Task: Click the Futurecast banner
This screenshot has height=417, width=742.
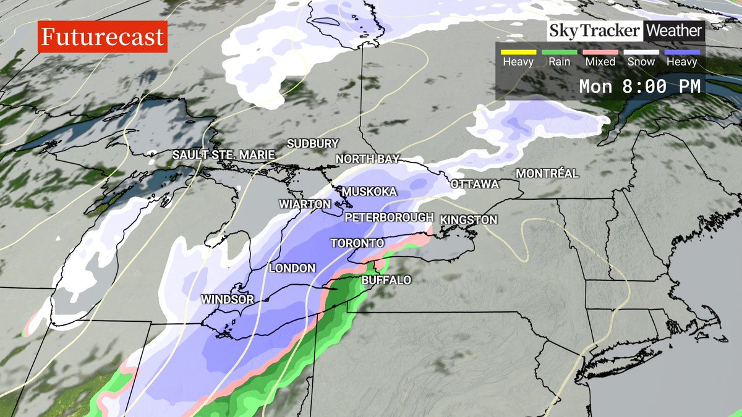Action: tap(103, 36)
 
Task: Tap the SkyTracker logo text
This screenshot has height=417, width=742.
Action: tap(594, 30)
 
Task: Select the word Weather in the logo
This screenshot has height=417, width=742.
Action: tap(674, 30)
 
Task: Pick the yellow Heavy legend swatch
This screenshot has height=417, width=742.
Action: tap(518, 53)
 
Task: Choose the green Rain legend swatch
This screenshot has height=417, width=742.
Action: tap(559, 53)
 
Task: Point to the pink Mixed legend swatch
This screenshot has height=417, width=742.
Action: tap(600, 53)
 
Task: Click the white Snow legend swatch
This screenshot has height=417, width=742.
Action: tap(641, 53)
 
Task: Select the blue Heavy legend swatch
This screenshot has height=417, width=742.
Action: tap(682, 53)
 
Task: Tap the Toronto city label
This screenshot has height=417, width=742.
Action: tap(357, 243)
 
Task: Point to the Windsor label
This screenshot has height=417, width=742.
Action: tap(228, 299)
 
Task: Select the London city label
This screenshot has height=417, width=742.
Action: tap(292, 268)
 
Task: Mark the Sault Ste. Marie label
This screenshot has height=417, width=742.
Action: tap(223, 154)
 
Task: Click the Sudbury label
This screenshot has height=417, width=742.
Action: tap(313, 143)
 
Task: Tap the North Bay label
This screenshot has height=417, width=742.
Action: tap(367, 159)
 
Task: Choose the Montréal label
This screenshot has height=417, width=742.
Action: tap(547, 174)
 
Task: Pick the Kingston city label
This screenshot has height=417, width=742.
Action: tap(468, 219)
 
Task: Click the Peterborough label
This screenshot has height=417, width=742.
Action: tap(388, 217)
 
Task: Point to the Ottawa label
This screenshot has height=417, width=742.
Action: tap(474, 184)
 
